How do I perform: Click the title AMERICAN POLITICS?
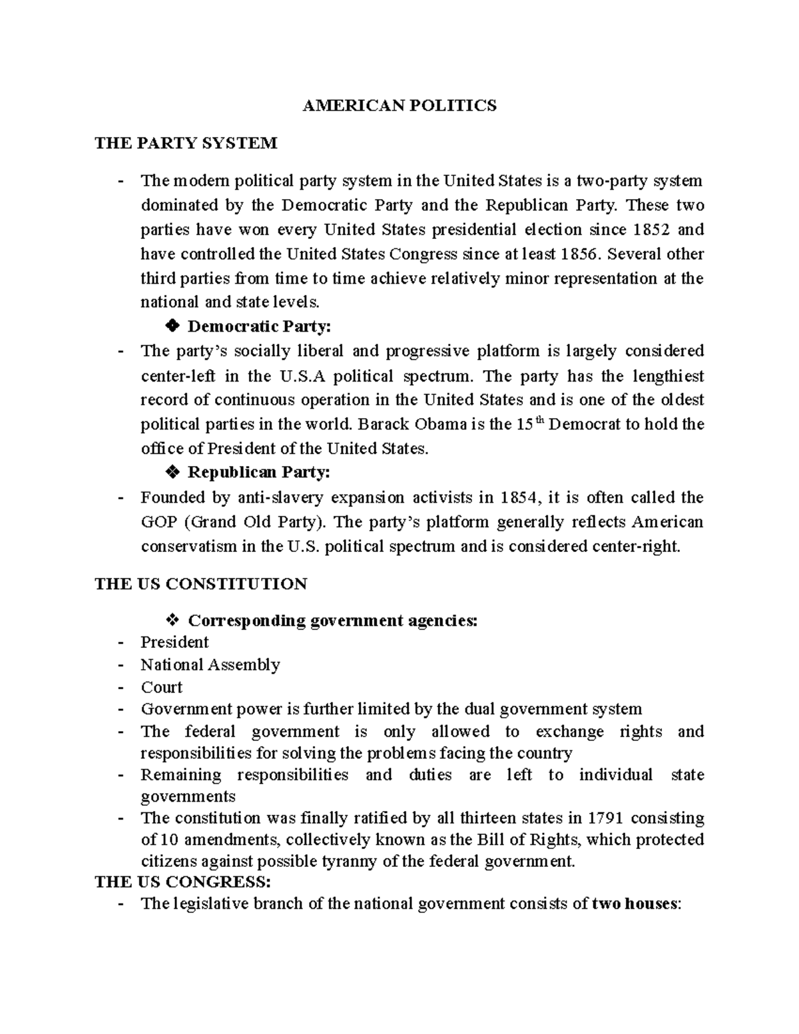click(400, 106)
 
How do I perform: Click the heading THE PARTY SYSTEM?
click(186, 143)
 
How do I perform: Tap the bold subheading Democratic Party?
click(259, 327)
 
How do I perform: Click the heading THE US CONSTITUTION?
click(201, 584)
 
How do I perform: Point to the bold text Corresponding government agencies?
click(333, 621)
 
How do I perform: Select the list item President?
click(174, 643)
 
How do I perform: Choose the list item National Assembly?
click(210, 664)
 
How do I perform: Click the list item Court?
click(162, 687)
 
